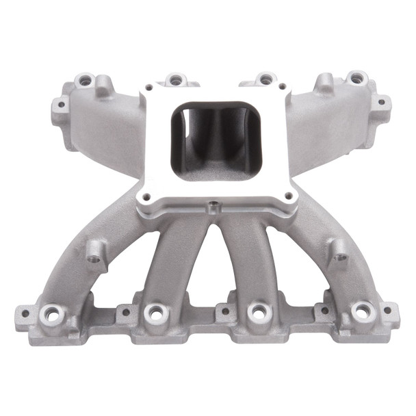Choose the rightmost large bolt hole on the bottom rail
click(361, 313)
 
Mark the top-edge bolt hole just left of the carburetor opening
click(175, 80)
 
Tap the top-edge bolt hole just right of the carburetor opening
click(265, 80)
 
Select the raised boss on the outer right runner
click(336, 252)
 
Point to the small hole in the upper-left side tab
click(60, 105)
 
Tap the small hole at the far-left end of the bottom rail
click(25, 314)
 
